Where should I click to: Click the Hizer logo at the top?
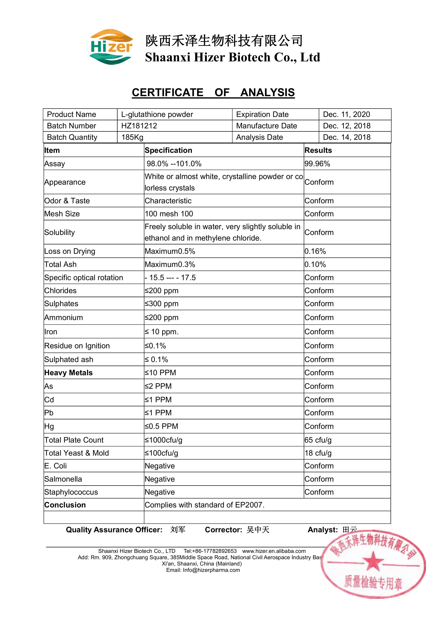pyautogui.click(x=111, y=47)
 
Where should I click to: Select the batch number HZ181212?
pyautogui.click(x=139, y=126)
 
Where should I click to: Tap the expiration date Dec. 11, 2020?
pyautogui.click(x=346, y=114)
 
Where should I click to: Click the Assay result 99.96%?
pyautogui.click(x=317, y=164)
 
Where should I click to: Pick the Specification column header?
pyautogui.click(x=168, y=150)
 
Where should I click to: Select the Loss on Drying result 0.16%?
pyautogui.click(x=315, y=251)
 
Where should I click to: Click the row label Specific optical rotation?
pyautogui.click(x=83, y=278)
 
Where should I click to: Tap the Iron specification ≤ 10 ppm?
pyautogui.click(x=162, y=332)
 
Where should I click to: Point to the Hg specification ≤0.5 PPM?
pyautogui.click(x=161, y=426)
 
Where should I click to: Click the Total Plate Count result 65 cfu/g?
pyautogui.click(x=318, y=440)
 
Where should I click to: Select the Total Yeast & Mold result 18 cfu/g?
pyautogui.click(x=318, y=453)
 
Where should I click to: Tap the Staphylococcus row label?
pyautogui.click(x=71, y=492)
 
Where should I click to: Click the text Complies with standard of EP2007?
pyautogui.click(x=204, y=505)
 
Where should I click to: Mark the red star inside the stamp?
pyautogui.click(x=373, y=561)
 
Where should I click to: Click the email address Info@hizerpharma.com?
pyautogui.click(x=211, y=570)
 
